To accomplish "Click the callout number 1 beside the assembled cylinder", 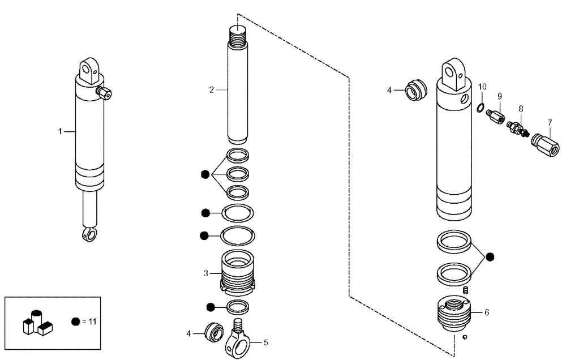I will (59, 131).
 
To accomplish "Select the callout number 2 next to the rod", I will (211, 89).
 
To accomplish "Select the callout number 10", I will (482, 87).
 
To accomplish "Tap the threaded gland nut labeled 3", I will (238, 273).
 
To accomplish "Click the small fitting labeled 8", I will (516, 127).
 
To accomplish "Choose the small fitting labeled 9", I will (498, 115).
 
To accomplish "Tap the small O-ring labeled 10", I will (479, 108).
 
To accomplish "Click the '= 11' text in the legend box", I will (89, 321).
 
